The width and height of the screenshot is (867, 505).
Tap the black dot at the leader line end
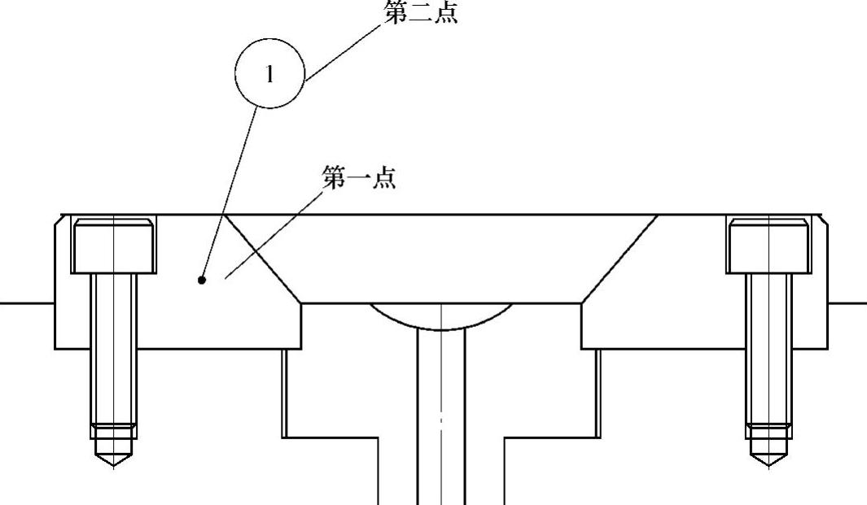point(202,280)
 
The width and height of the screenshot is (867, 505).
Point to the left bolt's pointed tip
point(113,460)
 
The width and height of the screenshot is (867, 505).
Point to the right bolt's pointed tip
point(768,460)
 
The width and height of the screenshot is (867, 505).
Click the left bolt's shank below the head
point(113,342)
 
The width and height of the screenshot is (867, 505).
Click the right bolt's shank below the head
point(768,342)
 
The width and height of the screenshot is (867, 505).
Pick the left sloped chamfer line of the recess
point(262,259)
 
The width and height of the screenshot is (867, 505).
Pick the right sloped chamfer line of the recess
point(619,259)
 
